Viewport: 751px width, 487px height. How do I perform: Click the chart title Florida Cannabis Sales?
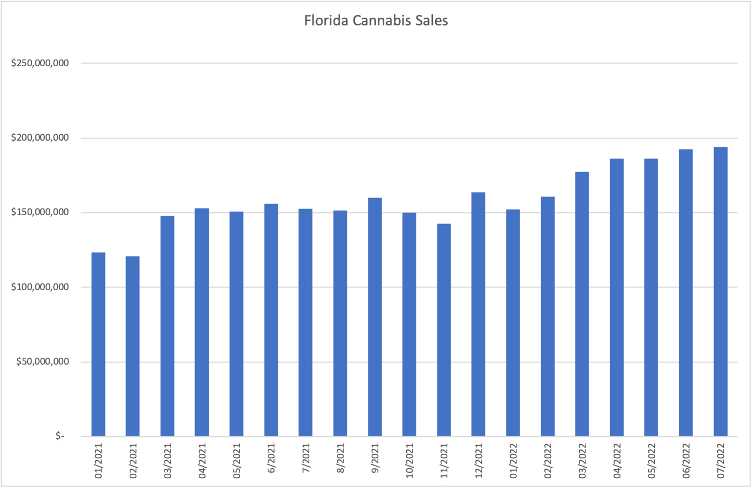coord(376,22)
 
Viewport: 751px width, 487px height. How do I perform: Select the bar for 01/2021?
coord(98,344)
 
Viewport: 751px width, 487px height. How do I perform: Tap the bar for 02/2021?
coord(133,346)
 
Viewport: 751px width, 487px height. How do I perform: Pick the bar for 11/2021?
coord(444,330)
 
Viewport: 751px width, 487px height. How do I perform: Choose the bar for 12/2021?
coord(478,314)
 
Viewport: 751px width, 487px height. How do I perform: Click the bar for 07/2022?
coord(721,292)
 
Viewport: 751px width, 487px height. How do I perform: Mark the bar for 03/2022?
coord(582,304)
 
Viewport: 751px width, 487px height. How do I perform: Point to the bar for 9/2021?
coord(375,317)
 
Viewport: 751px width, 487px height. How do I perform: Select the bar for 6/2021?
coord(271,320)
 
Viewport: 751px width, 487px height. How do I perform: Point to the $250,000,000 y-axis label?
coord(40,63)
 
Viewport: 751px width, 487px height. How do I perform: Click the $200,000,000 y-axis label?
coord(40,138)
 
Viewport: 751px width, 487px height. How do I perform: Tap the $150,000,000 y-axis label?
coord(40,212)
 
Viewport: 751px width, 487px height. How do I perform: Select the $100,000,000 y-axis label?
coord(40,287)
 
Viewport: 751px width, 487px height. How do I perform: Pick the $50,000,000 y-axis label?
coord(43,362)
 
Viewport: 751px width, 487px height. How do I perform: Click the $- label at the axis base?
coord(60,436)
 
